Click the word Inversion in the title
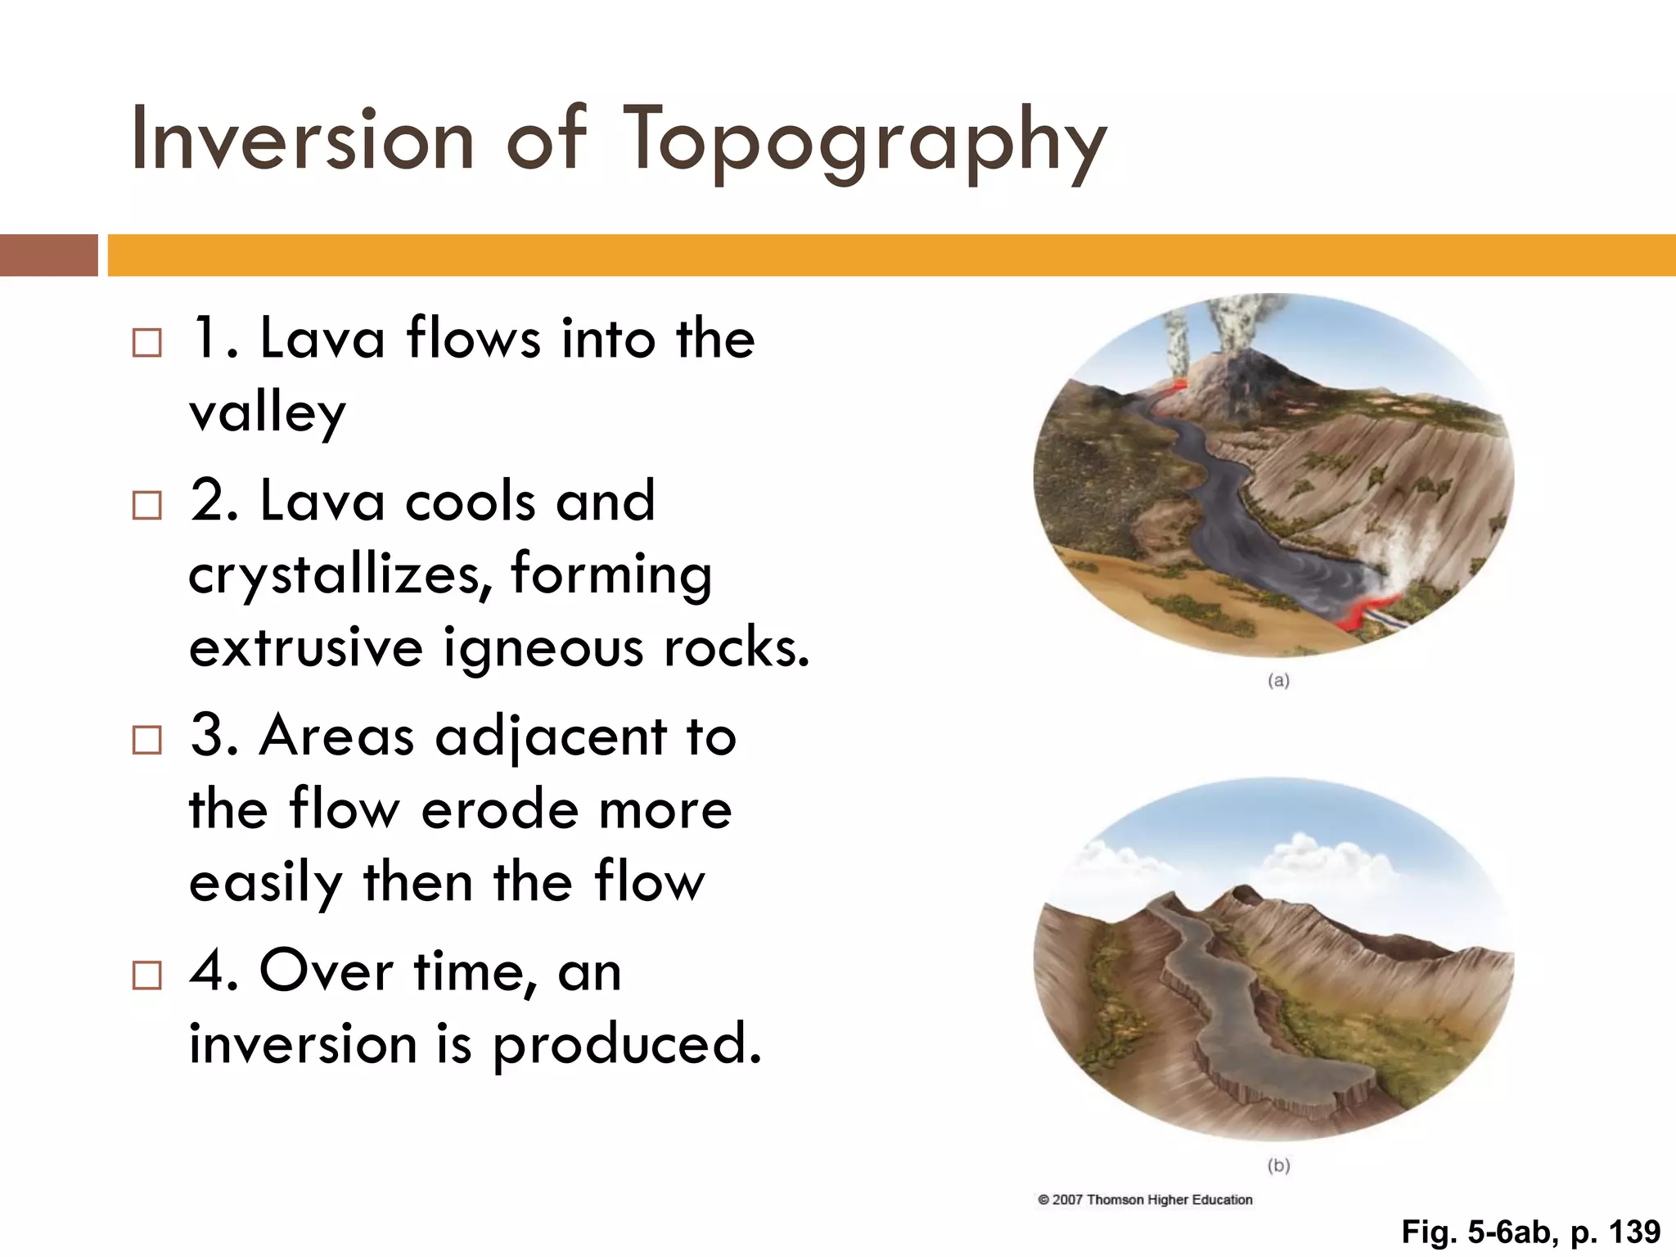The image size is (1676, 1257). point(302,141)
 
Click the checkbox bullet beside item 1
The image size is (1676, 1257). point(147,343)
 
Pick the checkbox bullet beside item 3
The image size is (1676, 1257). point(147,740)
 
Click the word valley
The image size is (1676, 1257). point(268,413)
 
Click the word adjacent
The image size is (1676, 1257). point(551,737)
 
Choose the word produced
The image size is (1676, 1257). point(626,1045)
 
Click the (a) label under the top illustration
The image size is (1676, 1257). point(1278,680)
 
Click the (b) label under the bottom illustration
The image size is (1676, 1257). point(1278,1165)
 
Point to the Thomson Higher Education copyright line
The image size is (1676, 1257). point(1146,1200)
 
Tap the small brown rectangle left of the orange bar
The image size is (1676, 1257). point(48,255)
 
